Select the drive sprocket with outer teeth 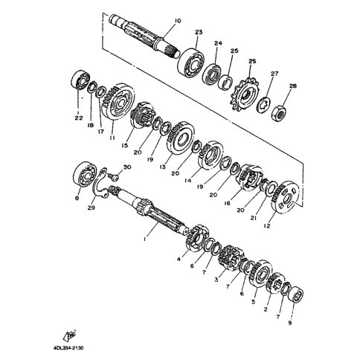coord(245,96)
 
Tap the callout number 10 coord(178,21)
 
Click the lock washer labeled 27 coord(263,106)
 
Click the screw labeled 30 coord(112,176)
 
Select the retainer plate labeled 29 coord(99,183)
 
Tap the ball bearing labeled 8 coord(84,176)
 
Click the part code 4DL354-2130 coord(68,348)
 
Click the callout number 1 coord(144,240)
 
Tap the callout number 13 coord(162,167)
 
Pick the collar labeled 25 coord(225,82)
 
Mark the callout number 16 coord(227,203)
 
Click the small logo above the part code coord(70,335)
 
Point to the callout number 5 coord(253,302)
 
